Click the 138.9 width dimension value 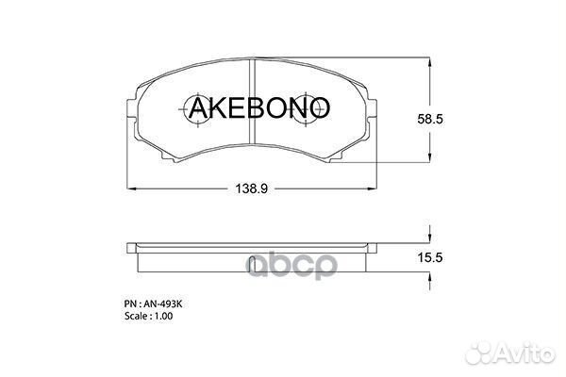pyautogui.click(x=251, y=188)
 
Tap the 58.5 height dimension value pyautogui.click(x=430, y=119)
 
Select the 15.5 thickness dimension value pyautogui.click(x=430, y=257)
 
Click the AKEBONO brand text pyautogui.click(x=258, y=107)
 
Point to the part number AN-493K pyautogui.click(x=163, y=304)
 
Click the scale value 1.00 pyautogui.click(x=163, y=316)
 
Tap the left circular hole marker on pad pyautogui.click(x=198, y=109)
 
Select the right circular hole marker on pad pyautogui.click(x=306, y=109)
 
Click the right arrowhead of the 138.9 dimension pyautogui.click(x=372, y=188)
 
